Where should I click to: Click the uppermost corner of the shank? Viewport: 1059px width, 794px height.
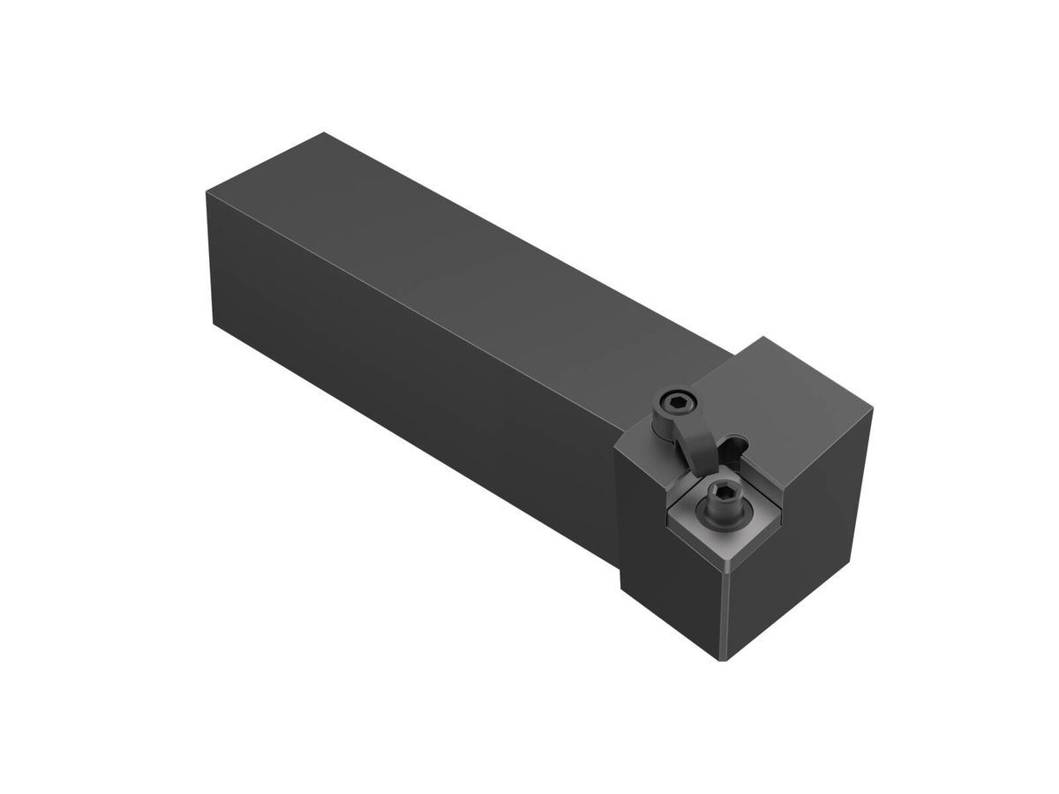[325, 132]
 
